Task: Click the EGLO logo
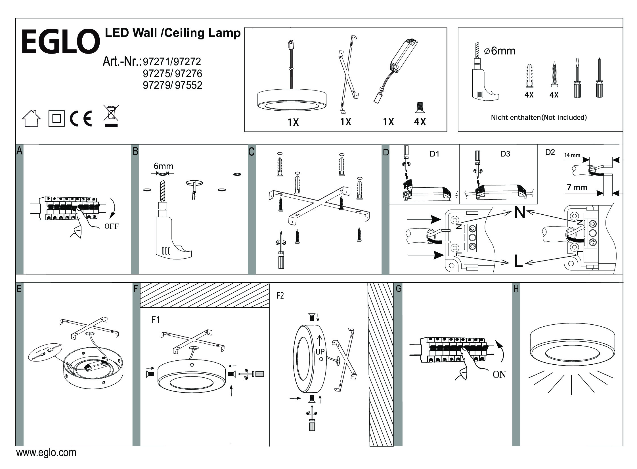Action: pos(60,41)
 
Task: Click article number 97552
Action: pos(188,85)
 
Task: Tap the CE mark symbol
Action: pos(81,119)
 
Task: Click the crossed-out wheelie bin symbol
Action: pos(111,115)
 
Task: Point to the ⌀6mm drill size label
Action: pos(499,51)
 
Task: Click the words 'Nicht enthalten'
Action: pos(515,118)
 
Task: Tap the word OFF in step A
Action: pos(112,227)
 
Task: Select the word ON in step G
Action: pos(499,375)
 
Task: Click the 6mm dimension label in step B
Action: pos(164,166)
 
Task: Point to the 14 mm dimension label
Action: pos(572,155)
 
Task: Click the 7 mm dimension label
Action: pos(577,188)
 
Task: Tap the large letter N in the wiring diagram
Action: pos(519,213)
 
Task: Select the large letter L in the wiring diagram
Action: pos(518,261)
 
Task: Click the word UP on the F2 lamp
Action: pos(320,352)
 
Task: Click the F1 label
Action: pos(155,320)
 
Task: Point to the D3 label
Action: pos(505,154)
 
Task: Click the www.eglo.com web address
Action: pos(46,453)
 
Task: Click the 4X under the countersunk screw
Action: pos(420,122)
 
